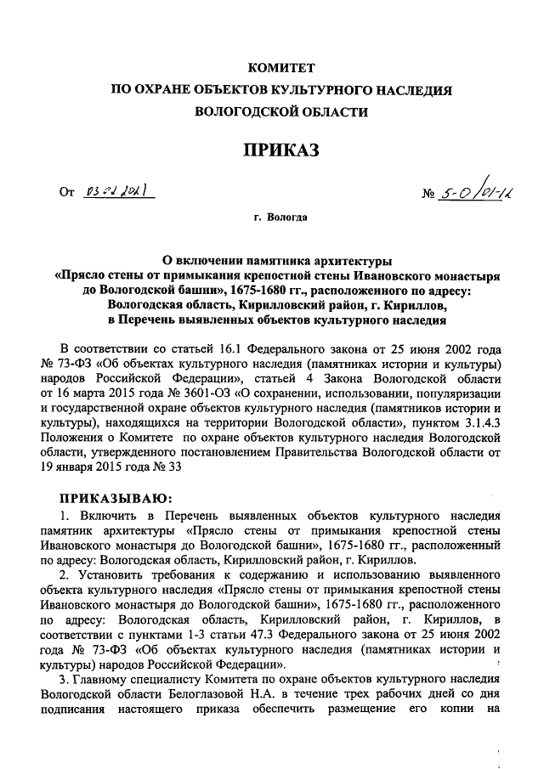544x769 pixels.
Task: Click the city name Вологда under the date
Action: click(x=286, y=218)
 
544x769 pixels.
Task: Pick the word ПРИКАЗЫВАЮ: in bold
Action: click(x=112, y=498)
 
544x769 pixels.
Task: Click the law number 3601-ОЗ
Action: click(x=191, y=394)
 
